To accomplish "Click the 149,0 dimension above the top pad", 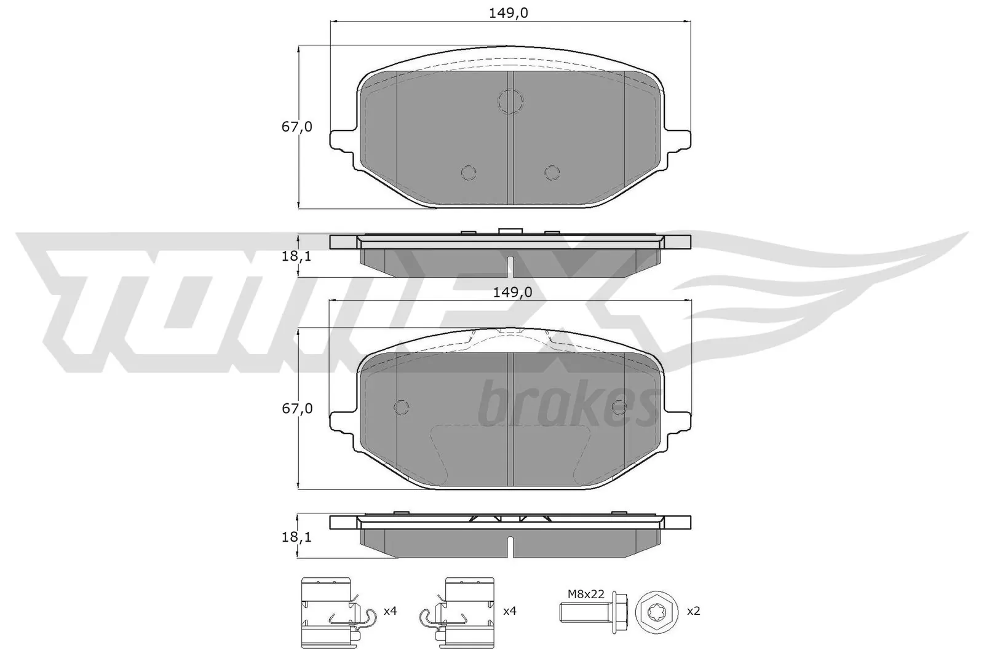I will (509, 13).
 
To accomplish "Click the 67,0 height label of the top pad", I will (297, 127).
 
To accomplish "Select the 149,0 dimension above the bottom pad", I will (512, 293).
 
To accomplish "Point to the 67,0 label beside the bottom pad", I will (297, 408).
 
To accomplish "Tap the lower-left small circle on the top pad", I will (469, 173).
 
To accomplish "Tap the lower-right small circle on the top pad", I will (552, 173).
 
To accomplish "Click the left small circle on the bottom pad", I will (401, 407).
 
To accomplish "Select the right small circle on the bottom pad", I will (619, 407).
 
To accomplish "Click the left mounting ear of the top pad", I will (343, 140).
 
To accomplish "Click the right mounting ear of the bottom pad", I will (678, 422).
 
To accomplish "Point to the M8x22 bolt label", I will (585, 594).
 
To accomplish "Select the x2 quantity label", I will (693, 611).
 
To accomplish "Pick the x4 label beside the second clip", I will (510, 611).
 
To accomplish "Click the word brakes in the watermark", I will (565, 406).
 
